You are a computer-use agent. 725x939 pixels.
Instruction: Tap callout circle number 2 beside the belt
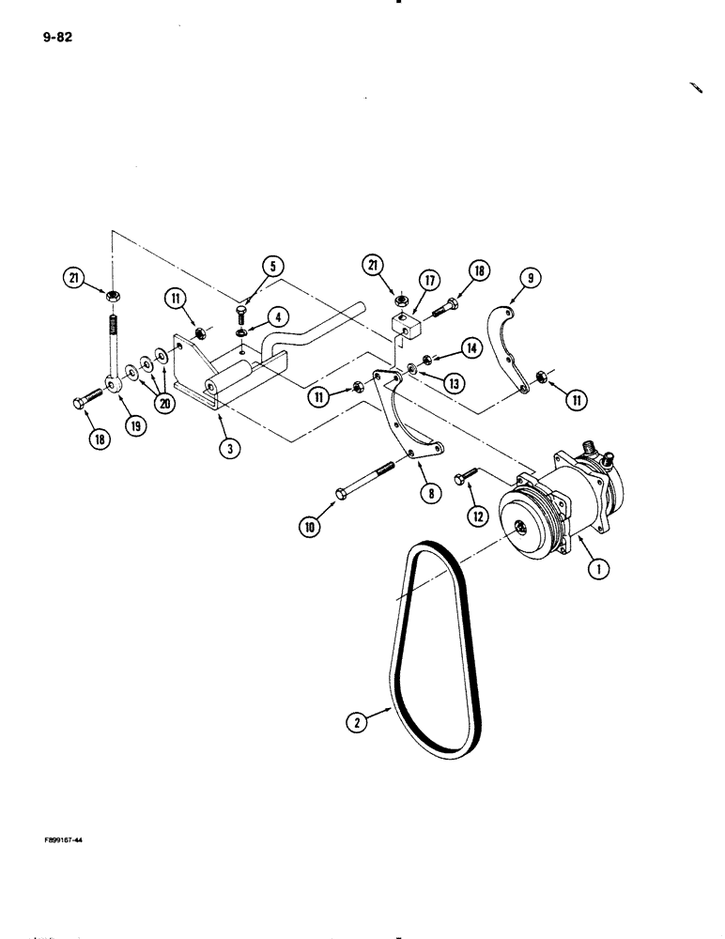354,722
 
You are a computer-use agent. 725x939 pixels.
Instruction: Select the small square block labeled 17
404,326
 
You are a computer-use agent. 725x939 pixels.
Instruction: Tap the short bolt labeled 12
466,478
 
